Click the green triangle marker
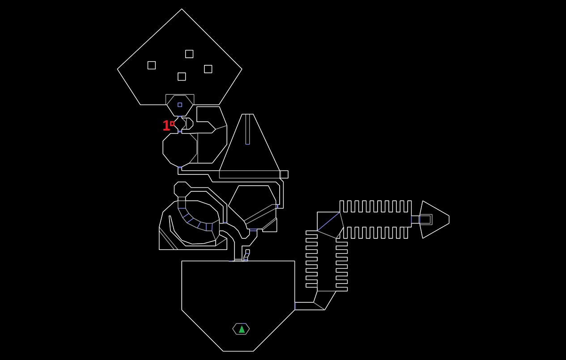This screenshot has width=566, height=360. pos(242,329)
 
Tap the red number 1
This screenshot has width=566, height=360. pos(166,125)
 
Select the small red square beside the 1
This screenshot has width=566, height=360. pos(172,123)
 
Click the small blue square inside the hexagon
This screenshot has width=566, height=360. pos(180,105)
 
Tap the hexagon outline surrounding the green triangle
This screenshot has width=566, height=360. pos(233,329)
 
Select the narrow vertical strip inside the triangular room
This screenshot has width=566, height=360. pos(247,129)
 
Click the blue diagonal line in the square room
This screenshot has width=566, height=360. pos(328,221)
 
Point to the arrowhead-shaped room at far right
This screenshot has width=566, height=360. pos(434,220)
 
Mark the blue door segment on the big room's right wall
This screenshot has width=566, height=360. pos(295,306)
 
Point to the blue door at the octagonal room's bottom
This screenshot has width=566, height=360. pos(180,167)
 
